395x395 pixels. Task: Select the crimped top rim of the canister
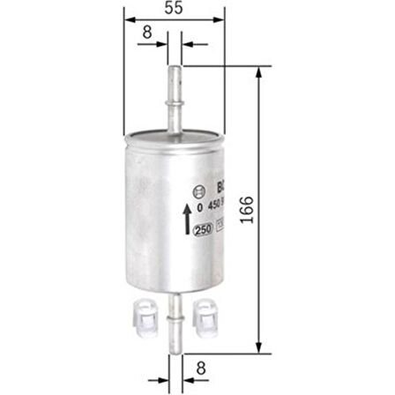pyautogui.click(x=174, y=134)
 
